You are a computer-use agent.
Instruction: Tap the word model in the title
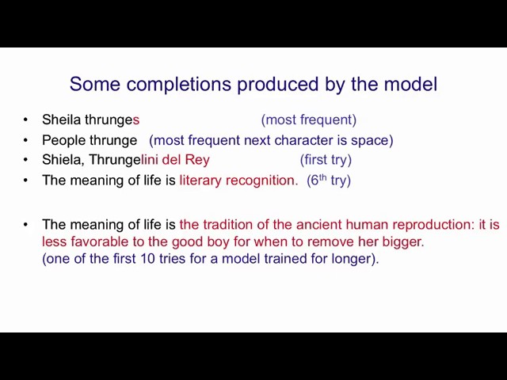click(x=410, y=84)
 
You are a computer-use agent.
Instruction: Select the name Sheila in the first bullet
click(x=62, y=120)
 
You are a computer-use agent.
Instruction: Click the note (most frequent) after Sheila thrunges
click(x=308, y=120)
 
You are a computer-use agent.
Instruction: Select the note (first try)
click(x=326, y=160)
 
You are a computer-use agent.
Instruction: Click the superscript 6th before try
click(x=317, y=180)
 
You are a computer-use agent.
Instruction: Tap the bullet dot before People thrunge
click(x=25, y=141)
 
